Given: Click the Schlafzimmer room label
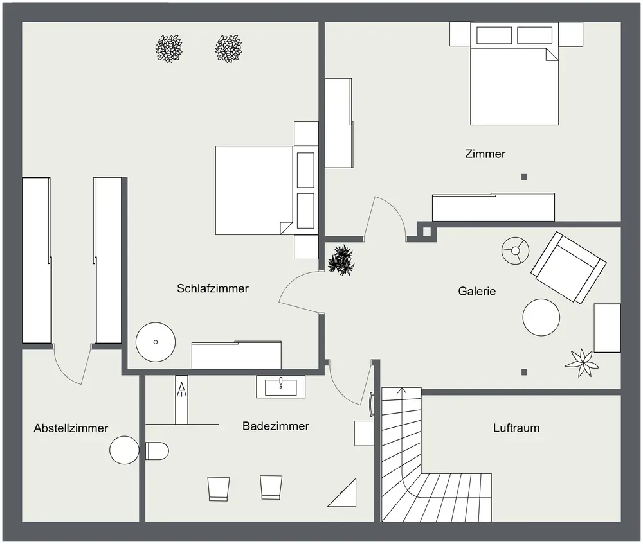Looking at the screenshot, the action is tap(213, 288).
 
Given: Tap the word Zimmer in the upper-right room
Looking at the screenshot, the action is tap(485, 154).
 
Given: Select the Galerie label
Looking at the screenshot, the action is tap(477, 291).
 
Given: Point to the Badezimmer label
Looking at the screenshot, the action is tap(276, 426).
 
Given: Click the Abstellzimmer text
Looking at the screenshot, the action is tap(71, 428).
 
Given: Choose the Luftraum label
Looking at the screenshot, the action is tap(516, 428).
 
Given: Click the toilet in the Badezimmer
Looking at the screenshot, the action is tap(157, 451).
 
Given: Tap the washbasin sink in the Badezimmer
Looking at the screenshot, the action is tap(281, 387).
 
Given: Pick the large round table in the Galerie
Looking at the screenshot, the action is tap(541, 317).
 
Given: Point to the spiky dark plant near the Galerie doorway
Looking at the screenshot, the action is tap(341, 259).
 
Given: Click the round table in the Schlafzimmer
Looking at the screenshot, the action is tap(156, 341).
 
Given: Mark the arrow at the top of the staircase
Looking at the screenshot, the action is tap(402, 390).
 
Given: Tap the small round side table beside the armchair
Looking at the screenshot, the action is tap(515, 249).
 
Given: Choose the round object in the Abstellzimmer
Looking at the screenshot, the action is tap(124, 450).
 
